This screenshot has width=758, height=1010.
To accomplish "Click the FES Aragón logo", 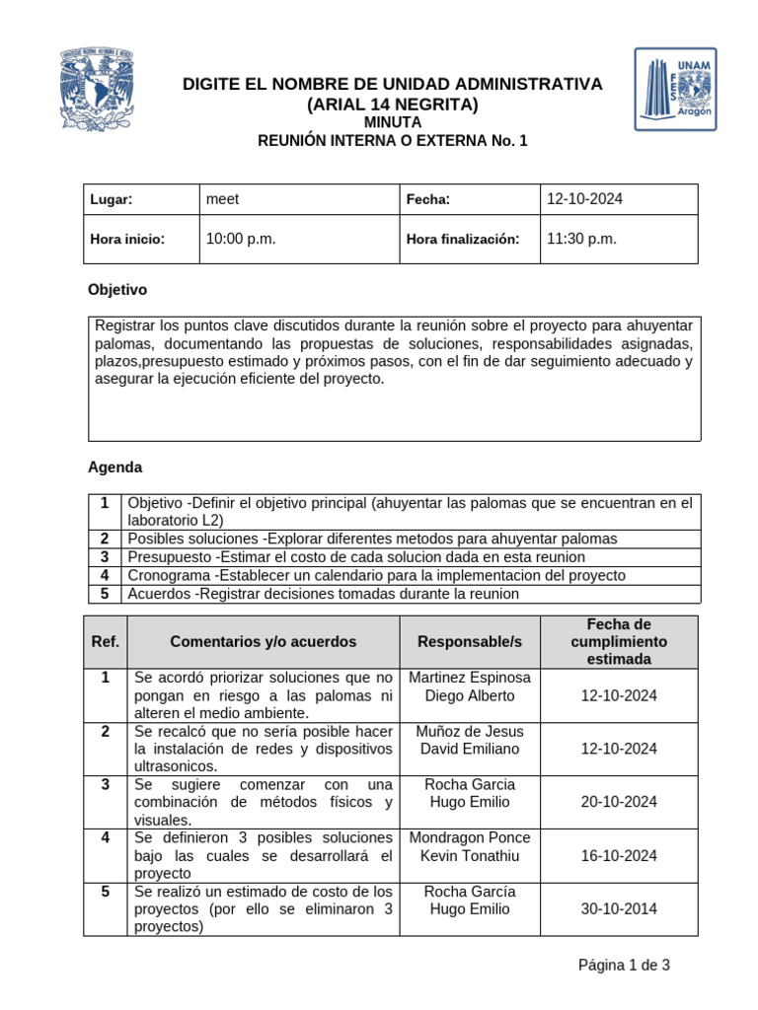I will pos(675,90).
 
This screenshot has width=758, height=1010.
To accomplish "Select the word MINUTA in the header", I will pos(393,122).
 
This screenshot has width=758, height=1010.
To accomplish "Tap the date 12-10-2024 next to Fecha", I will pos(584,199).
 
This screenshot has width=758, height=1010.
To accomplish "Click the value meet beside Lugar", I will pos(222,199).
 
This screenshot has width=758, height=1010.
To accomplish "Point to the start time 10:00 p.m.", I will pos(241,239).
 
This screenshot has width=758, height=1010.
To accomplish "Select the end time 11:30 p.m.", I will pos(581,239).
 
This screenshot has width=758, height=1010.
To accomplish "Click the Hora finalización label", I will pos(462,240).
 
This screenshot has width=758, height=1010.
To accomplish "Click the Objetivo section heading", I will pos(117,290).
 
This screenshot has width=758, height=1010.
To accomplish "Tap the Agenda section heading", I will pos(115,467).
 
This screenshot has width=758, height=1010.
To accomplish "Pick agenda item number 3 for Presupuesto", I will pos(104,557).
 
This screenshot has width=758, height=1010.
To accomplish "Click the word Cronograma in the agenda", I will pos(169,575).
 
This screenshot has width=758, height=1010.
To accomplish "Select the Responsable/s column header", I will pos(470,641).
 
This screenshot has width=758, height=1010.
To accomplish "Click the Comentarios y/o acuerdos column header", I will pos(264,641).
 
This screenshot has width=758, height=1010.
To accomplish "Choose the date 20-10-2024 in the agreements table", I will pos(619,802).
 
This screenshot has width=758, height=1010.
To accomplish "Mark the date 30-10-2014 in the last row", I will pos(619,909).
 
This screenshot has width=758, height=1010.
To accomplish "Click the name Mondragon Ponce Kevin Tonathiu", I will pos(470,846).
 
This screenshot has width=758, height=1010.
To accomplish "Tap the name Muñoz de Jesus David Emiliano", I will pos(470,740).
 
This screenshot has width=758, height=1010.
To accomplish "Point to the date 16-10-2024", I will pos(619,855).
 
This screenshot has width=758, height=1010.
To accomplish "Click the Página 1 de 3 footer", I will pos(624,966).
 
